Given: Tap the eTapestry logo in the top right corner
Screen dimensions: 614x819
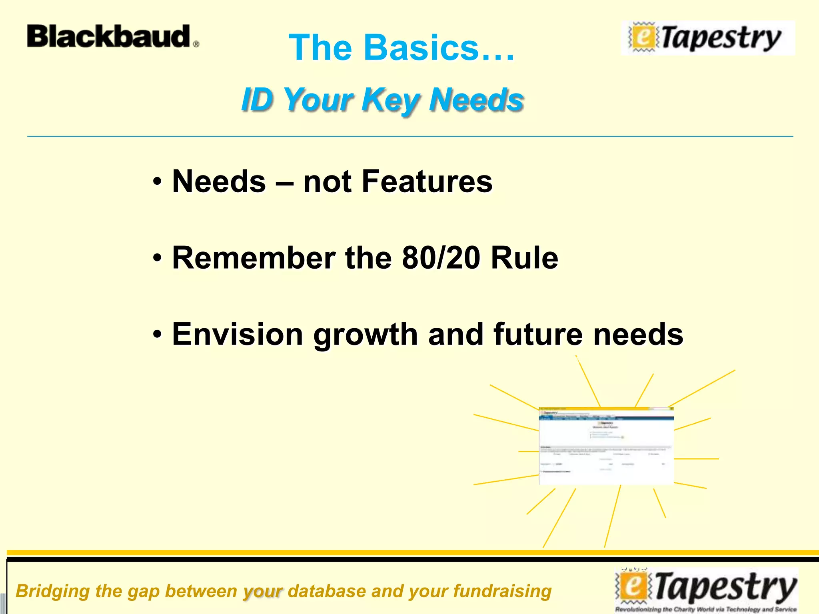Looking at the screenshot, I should pos(708,38).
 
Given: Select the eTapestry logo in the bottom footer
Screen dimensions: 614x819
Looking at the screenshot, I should pos(706,590).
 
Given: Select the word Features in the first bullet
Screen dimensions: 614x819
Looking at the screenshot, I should pos(427,181).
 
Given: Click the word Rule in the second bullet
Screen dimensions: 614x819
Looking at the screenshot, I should pos(524,258).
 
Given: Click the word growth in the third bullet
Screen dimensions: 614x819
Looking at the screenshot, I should pos(366,335).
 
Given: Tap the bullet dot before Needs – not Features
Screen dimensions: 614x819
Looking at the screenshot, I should pos(158,182).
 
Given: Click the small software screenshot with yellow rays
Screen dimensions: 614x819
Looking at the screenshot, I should pos(606,446).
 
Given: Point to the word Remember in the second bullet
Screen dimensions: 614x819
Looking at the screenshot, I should pos(254,258).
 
